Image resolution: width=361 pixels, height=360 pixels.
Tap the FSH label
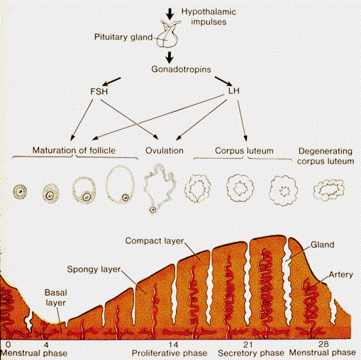tap(99, 91)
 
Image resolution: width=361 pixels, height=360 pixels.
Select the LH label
tap(234, 91)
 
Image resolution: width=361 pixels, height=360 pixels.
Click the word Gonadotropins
tap(181, 69)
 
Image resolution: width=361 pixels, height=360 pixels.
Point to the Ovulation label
tap(165, 150)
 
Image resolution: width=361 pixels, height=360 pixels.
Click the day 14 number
tap(174, 344)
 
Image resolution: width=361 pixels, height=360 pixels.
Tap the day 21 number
tap(248, 345)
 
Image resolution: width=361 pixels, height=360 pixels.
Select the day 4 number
tap(45, 344)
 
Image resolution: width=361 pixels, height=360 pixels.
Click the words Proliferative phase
tap(170, 353)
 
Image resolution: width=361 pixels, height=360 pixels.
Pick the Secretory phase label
tap(251, 353)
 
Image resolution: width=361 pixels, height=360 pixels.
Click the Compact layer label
tap(155, 241)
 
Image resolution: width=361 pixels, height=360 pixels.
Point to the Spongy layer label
tap(94, 269)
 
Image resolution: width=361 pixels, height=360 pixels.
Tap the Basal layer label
tap(56, 298)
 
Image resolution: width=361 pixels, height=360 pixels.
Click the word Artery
tap(341, 275)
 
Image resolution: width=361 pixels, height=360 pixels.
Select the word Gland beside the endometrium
tap(322, 244)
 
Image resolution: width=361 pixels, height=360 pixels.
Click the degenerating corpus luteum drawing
tap(329, 190)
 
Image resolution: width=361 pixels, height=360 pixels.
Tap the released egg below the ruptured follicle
tap(153, 210)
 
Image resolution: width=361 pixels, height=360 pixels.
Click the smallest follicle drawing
tap(20, 191)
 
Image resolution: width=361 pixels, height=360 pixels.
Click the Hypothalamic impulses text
tap(209, 17)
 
